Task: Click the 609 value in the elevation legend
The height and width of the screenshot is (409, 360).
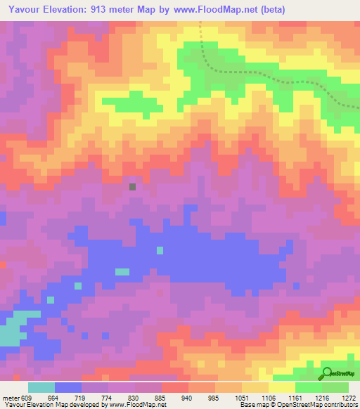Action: click(26, 398)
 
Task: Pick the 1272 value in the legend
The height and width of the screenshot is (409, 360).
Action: click(349, 398)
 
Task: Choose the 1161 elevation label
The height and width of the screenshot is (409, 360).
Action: click(295, 398)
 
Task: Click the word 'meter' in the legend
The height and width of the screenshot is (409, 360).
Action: click(11, 398)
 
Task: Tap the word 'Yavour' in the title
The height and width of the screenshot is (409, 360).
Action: click(22, 11)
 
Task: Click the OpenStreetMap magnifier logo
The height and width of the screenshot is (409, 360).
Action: click(327, 372)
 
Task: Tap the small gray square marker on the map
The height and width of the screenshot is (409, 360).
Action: click(132, 186)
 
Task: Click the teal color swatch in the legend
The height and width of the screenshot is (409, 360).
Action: click(41, 387)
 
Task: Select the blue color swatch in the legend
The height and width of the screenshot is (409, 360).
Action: click(68, 387)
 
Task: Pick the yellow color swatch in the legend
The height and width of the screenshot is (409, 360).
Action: click(282, 387)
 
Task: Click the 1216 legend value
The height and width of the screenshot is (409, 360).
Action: click(321, 398)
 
